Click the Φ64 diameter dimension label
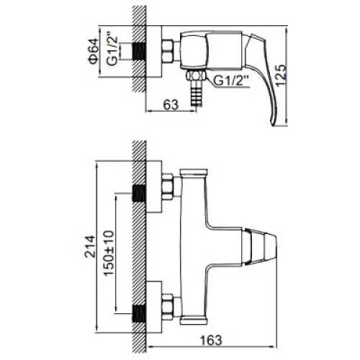coord(94,51)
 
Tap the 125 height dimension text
coord(281,76)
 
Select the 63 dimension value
coord(171,104)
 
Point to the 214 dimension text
coord(90,246)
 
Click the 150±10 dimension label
coord(109,253)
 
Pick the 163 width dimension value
coord(211,340)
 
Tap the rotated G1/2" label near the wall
coord(112,50)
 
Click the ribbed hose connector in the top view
coord(197,94)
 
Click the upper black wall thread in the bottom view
coord(139,193)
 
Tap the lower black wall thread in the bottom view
coord(139,313)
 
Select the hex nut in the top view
coord(168,51)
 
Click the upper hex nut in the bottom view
coord(168,186)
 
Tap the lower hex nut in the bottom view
coord(168,307)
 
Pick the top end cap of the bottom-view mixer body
coord(194,172)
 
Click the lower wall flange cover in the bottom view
coord(154,307)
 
